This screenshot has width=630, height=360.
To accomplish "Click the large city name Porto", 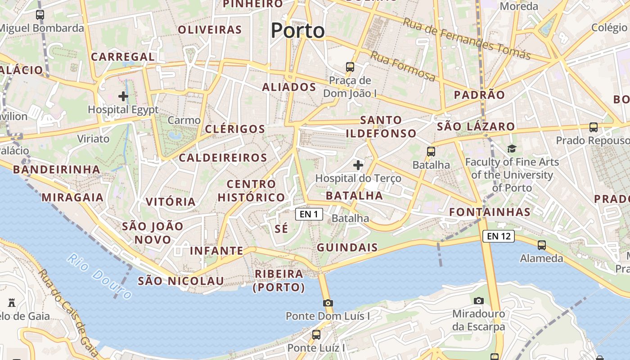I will pyautogui.click(x=297, y=31).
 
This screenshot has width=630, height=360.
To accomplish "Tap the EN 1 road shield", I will pyautogui.click(x=309, y=214).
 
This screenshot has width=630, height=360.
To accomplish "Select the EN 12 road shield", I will pyautogui.click(x=498, y=236).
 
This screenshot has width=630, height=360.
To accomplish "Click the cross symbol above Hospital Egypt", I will pyautogui.click(x=123, y=96).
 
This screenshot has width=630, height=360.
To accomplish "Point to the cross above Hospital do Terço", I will pyautogui.click(x=358, y=165).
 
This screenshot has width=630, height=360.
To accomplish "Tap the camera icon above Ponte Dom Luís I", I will pyautogui.click(x=328, y=303).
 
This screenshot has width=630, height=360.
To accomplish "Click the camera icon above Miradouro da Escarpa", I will pyautogui.click(x=479, y=300).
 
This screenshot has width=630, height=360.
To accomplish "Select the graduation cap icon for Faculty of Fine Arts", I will pyautogui.click(x=512, y=148).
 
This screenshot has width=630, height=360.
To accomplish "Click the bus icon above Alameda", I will pyautogui.click(x=542, y=245).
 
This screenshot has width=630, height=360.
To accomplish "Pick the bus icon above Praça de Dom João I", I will pyautogui.click(x=350, y=67).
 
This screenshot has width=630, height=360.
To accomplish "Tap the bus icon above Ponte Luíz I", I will pyautogui.click(x=316, y=335).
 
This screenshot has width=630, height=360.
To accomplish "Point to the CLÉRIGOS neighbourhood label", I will pyautogui.click(x=235, y=129).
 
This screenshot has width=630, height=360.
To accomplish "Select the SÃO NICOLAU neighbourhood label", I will pyautogui.click(x=180, y=281).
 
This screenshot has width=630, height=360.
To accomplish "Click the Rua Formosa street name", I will pyautogui.click(x=403, y=67).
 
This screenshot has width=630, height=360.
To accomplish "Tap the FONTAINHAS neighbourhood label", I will pyautogui.click(x=490, y=212).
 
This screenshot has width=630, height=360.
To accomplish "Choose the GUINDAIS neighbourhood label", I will pyautogui.click(x=347, y=247).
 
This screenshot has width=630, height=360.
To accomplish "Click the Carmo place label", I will pyautogui.click(x=184, y=120).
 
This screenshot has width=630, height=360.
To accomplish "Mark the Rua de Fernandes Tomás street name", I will pyautogui.click(x=467, y=39).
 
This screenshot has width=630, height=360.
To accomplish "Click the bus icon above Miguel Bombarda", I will pyautogui.click(x=40, y=15).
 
